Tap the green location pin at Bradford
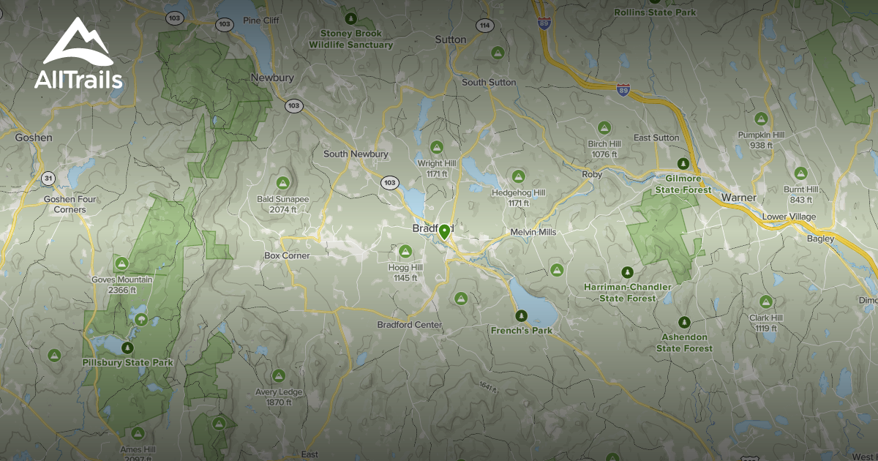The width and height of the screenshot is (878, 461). click(444, 233)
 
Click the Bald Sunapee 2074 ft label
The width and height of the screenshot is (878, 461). click(282, 203)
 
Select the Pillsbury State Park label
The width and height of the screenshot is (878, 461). click(128, 363)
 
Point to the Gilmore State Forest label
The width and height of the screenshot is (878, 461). click(683, 184)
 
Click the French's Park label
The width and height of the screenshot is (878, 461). click(521, 330)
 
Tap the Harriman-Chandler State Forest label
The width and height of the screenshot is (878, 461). click(627, 292)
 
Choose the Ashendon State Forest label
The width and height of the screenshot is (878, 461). click(684, 342)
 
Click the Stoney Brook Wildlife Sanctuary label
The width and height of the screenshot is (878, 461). click(350, 40)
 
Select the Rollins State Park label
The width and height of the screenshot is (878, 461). click(655, 12)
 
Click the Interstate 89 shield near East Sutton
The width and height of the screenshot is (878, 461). click(623, 91)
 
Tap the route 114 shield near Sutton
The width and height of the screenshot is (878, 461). click(484, 25)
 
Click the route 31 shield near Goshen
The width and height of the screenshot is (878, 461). click(48, 178)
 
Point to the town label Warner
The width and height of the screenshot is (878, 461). click(738, 198)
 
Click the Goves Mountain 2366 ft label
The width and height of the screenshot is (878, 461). click(122, 285)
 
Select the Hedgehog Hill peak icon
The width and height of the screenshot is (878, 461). click(518, 176)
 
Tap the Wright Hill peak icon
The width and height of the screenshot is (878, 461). click(437, 146)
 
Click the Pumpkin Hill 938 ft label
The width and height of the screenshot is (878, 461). click(761, 140)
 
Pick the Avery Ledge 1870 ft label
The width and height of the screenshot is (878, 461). click(278, 397)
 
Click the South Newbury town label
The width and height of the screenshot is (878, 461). click(356, 154)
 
